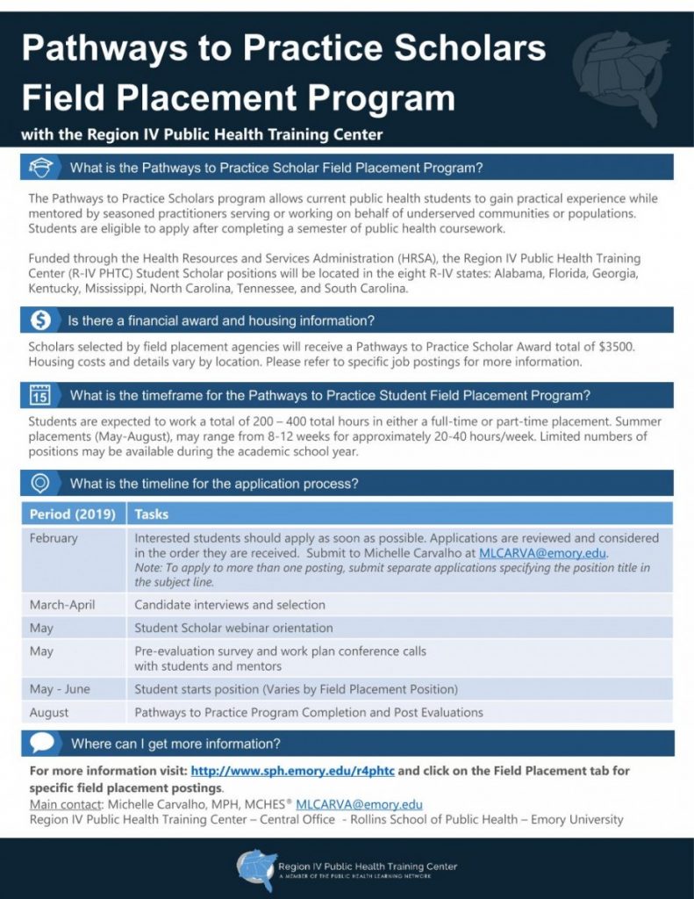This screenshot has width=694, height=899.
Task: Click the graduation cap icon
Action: point(40,167)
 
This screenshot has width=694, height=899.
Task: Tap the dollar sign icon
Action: point(40,320)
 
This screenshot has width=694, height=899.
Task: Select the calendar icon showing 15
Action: point(40,394)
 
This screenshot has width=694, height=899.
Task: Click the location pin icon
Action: point(40,483)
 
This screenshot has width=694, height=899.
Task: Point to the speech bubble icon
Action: point(41,743)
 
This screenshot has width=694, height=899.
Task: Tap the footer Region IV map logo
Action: point(255,869)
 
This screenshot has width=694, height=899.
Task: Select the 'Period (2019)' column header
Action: point(73,514)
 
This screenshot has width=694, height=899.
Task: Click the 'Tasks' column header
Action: point(152,514)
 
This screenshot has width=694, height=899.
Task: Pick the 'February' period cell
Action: point(54,538)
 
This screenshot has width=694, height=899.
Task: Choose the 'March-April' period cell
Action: point(62,604)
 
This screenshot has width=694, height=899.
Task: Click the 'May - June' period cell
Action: point(60,689)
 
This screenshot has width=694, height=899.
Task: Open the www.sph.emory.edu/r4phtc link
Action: point(292,770)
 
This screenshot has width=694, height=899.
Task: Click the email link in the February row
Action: point(542,554)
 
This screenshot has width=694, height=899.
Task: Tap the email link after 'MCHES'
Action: point(359,803)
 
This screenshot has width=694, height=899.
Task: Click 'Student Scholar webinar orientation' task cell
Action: point(233,628)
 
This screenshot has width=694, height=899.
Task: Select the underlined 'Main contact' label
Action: point(63,803)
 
